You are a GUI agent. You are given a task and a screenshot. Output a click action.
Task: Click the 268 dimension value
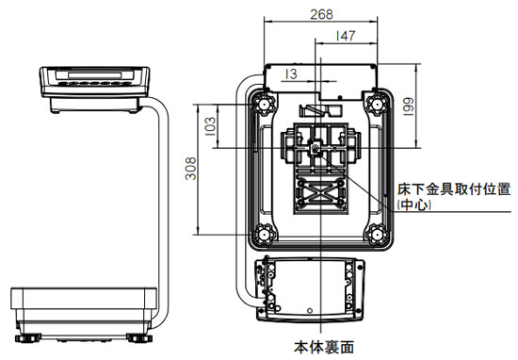321,14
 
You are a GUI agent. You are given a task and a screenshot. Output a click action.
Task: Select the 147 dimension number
346,36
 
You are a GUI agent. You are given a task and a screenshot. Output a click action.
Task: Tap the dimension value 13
291,74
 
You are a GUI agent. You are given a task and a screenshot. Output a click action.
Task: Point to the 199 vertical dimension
409,106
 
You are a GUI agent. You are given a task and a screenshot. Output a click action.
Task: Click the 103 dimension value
210,126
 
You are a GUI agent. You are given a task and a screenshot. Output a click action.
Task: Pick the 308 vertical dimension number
190,169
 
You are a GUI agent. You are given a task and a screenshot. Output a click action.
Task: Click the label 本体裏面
324,347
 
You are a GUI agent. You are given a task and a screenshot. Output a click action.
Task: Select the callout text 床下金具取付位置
454,189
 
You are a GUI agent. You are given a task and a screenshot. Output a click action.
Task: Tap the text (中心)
414,205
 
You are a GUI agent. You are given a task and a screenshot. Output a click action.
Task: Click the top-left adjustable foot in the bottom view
264,105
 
